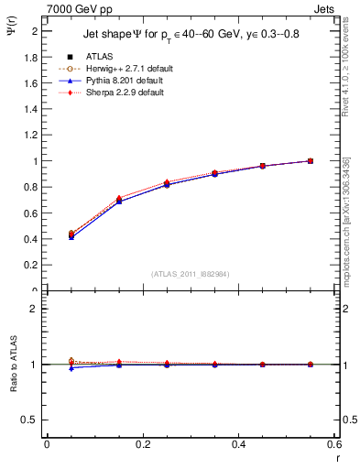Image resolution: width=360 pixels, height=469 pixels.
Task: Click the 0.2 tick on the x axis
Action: click(x=142, y=444)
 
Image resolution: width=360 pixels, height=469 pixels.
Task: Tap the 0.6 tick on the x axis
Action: click(x=333, y=444)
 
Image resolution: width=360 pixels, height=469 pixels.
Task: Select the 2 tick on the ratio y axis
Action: click(x=33, y=309)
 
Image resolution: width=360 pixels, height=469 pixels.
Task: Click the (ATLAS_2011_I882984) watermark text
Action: click(x=190, y=274)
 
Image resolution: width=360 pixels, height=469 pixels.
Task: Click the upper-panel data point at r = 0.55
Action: click(x=310, y=161)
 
